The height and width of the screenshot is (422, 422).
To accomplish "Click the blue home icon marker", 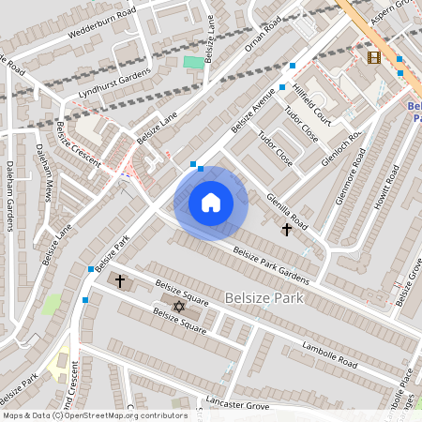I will pyautogui.click(x=211, y=203).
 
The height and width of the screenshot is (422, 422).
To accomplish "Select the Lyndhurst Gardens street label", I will pyautogui.click(x=115, y=81).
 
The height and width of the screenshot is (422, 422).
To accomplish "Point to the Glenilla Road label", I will pyautogui.click(x=286, y=208).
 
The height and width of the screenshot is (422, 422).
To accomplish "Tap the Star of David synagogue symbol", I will pyautogui.click(x=179, y=306).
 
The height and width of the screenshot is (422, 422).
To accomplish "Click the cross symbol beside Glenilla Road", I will pyautogui.click(x=286, y=229).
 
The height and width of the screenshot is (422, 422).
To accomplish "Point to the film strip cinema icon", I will pyautogui.click(x=374, y=58).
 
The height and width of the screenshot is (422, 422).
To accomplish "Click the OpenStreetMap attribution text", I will pyautogui.click(x=94, y=414).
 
